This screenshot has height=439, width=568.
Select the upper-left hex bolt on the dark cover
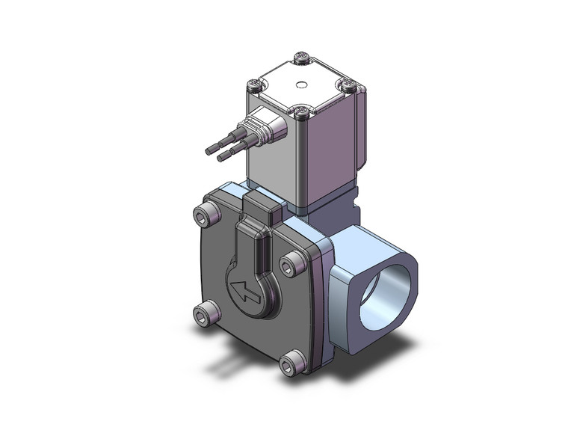[x=207, y=218]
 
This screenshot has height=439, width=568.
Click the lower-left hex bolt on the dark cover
[x=203, y=317]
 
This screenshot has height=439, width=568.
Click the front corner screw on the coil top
[x=301, y=113]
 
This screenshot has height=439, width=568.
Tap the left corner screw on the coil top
[x=256, y=85]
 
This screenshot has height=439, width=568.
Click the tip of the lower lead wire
[x=220, y=158]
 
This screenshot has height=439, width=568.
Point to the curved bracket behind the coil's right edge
[x=362, y=127]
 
